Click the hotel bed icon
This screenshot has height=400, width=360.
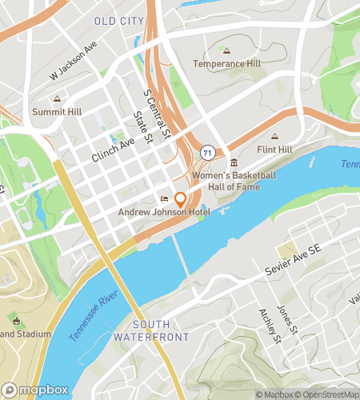click(165, 199)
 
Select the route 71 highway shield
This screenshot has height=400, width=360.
click(207, 151)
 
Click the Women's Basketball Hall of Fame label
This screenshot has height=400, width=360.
click(233, 181)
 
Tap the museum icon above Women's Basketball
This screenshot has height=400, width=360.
click(233, 162)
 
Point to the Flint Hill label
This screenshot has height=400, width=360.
click(276, 148)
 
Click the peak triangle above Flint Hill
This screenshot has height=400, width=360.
click(276, 135)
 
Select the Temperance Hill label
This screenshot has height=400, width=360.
click(227, 63)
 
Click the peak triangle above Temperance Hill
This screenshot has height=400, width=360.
click(227, 50)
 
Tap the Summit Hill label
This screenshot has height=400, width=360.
click(57, 111)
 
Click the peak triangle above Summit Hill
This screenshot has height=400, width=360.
click(57, 98)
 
